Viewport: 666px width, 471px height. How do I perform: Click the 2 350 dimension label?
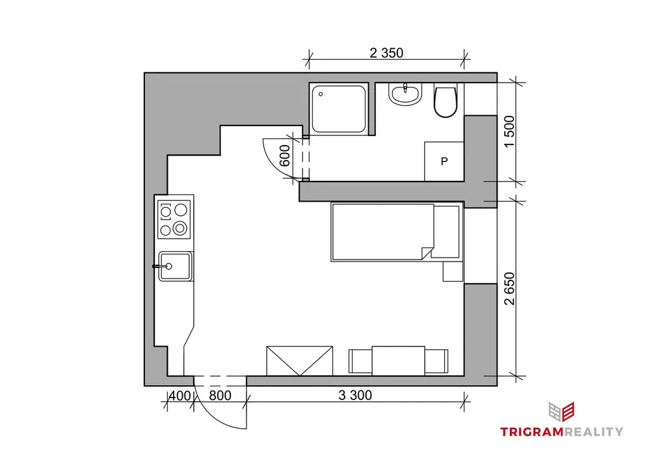(386, 53)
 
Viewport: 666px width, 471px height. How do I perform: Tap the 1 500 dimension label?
(509, 131)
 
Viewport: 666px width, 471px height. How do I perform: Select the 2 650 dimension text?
(509, 289)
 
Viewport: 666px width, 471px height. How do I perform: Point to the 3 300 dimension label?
(355, 396)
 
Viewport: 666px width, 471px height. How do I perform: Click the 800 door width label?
(220, 396)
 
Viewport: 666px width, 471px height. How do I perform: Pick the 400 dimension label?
(180, 396)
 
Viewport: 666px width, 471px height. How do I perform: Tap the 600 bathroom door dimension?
(285, 156)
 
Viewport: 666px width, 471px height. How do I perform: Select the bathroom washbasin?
(405, 94)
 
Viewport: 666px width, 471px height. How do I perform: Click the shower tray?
(338, 109)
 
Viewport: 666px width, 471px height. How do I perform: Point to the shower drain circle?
(321, 94)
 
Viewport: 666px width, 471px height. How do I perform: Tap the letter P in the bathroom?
(444, 161)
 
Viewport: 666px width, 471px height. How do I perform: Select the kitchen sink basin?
(175, 266)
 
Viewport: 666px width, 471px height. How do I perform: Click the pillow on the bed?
(446, 232)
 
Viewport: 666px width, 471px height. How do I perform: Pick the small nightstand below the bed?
(453, 271)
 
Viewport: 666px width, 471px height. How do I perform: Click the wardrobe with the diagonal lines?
(299, 361)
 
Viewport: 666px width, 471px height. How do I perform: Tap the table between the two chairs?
(399, 361)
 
